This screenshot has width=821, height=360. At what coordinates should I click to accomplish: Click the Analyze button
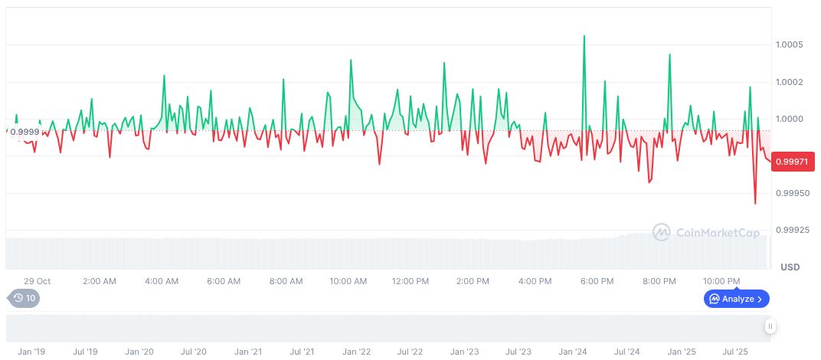(x=737, y=299)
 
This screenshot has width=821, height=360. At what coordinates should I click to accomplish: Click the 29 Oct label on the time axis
(x=37, y=281)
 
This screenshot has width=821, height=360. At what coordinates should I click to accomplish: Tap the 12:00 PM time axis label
(x=410, y=281)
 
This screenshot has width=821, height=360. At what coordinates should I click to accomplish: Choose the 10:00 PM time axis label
(x=721, y=281)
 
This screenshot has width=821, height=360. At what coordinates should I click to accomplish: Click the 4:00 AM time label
(x=162, y=281)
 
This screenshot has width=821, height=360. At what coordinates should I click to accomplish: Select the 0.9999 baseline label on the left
(x=25, y=132)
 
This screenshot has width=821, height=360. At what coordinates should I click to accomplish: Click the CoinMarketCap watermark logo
(x=705, y=232)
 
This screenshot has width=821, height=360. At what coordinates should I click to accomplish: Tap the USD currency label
(x=790, y=267)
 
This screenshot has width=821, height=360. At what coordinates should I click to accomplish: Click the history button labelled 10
(x=23, y=299)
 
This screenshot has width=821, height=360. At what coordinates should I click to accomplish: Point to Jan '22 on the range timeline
(x=356, y=352)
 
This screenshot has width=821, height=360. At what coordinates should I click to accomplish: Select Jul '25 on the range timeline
(x=736, y=352)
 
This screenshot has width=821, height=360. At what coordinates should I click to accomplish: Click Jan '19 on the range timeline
(x=31, y=352)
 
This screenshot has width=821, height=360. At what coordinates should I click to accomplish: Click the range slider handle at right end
(x=770, y=327)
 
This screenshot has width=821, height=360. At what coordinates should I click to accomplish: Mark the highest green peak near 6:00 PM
(x=584, y=36)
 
